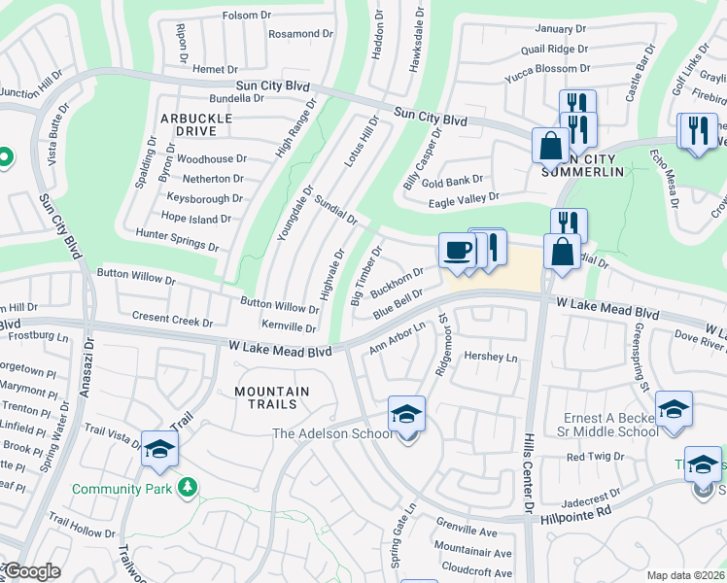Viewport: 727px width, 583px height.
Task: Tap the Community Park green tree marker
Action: (x=190, y=487)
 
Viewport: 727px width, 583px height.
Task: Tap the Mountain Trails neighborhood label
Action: (x=272, y=399)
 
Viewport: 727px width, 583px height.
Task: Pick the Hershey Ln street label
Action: (x=491, y=358)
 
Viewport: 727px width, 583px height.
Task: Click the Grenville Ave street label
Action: (x=467, y=532)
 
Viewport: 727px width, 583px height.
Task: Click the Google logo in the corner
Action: (x=31, y=572)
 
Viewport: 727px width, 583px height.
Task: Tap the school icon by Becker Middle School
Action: (x=674, y=409)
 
